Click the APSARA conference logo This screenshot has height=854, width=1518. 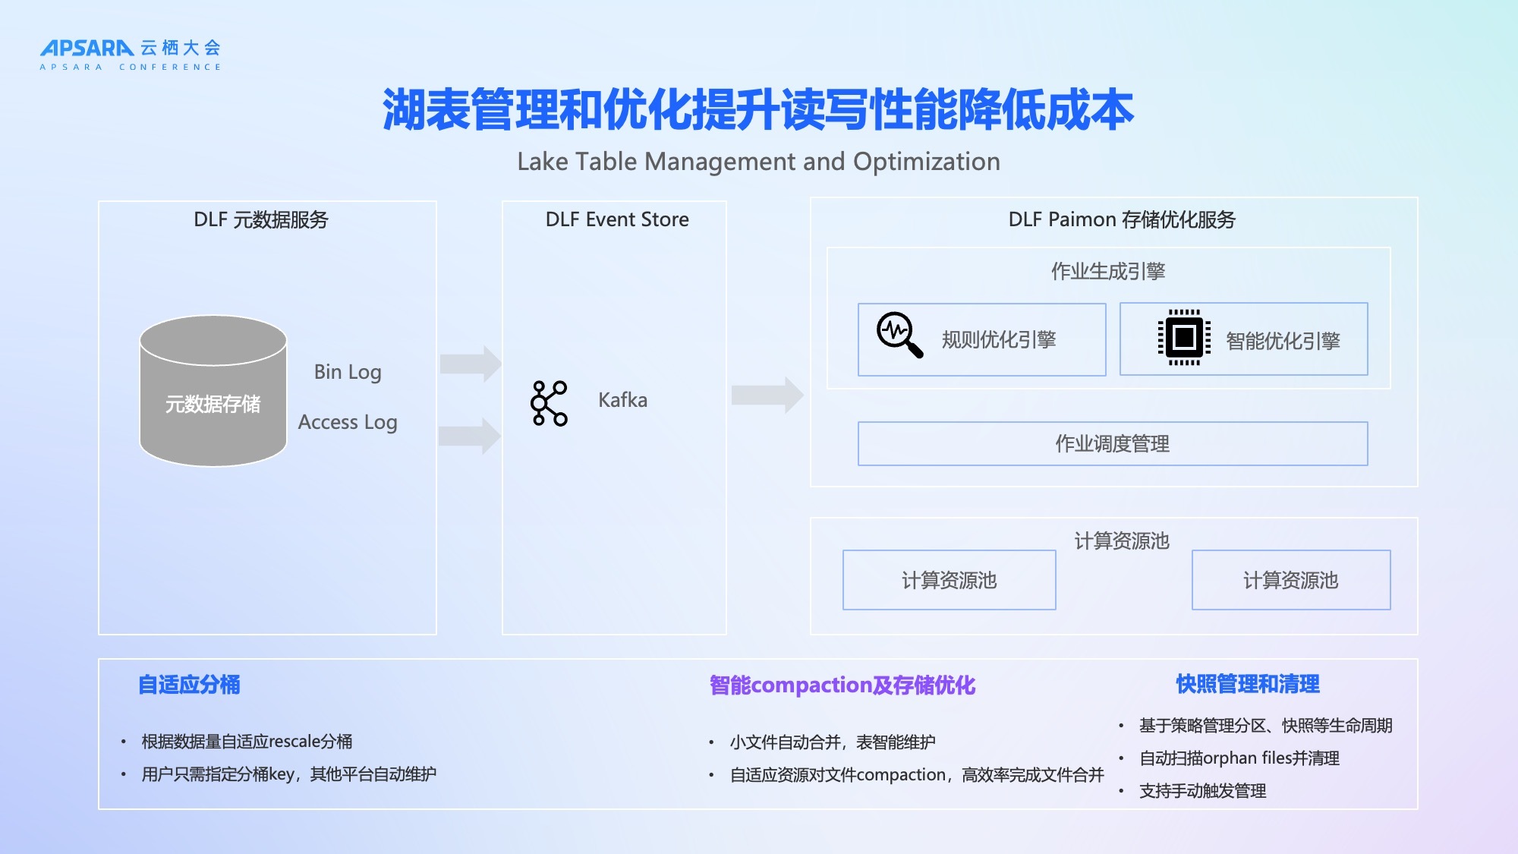point(130,54)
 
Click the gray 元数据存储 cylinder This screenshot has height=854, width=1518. point(213,392)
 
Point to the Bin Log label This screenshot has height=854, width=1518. point(348,372)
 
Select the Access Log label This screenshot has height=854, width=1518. point(348,422)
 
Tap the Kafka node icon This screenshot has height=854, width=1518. point(549,403)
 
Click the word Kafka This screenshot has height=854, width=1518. point(622,400)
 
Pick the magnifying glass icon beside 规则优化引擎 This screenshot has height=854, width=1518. point(899,335)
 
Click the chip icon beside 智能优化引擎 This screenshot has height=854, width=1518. point(1184,338)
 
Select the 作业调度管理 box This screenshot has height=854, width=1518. point(1113,444)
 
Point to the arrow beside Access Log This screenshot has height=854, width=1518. point(470,436)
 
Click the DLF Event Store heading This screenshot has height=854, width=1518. point(617,219)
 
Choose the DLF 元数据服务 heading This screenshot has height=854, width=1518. point(261,219)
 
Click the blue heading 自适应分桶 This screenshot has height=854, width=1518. point(189,685)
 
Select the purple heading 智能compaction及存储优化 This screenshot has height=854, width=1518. point(842,685)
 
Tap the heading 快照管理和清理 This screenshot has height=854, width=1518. point(1248,684)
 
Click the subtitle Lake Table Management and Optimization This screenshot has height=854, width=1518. point(758,162)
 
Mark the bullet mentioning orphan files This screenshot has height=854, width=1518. point(1239,758)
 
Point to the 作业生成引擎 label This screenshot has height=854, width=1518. point(1108,271)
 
